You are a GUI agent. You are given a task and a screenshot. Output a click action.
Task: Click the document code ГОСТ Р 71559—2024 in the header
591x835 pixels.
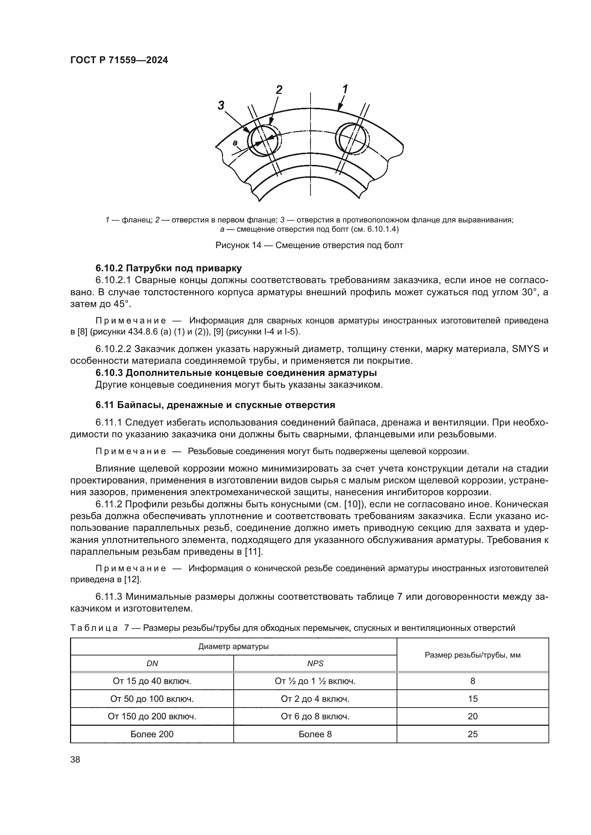119,61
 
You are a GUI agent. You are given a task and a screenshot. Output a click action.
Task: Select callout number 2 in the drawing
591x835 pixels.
279,90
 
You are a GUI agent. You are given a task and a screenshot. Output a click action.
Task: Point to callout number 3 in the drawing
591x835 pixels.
221,105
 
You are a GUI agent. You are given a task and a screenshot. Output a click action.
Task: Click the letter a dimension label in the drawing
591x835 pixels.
235,143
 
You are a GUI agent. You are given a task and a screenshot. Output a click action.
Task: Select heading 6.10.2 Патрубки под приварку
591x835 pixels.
169,268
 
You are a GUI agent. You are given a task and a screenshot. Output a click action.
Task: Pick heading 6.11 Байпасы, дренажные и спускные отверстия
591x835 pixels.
215,405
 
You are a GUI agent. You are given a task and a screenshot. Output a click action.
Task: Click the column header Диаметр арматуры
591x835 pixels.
233,646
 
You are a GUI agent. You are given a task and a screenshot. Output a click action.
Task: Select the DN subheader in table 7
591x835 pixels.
152,663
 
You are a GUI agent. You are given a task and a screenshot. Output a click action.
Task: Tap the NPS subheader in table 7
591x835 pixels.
315,663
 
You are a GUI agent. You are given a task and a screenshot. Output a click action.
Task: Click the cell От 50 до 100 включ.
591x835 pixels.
152,699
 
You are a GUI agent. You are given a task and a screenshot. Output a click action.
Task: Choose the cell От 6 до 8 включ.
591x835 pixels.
315,716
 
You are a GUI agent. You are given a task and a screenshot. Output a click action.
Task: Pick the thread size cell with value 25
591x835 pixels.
472,734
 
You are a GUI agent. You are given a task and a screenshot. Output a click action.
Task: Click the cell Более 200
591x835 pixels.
152,734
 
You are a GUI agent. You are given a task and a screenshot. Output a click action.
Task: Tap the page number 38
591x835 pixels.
75,759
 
